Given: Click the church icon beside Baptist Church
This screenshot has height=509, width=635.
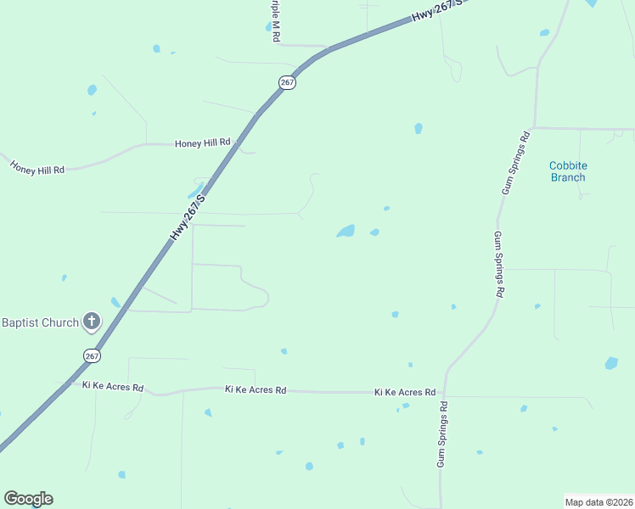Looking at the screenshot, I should tap(92, 322).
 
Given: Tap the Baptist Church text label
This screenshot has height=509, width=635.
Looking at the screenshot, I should tap(40, 322).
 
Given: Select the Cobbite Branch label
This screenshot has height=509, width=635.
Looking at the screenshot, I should tap(568, 171).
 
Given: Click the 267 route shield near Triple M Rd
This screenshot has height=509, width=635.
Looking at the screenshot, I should tap(287, 82).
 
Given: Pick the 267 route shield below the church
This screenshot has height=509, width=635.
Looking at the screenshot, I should tap(92, 355).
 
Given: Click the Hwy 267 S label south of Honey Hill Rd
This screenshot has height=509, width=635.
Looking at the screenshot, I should tap(188, 217).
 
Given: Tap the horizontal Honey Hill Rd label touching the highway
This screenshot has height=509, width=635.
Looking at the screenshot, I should tap(203, 143).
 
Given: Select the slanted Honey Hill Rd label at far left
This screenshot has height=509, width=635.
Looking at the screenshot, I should tap(37, 165).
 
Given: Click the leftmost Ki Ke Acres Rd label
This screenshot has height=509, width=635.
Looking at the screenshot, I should tap(113, 386).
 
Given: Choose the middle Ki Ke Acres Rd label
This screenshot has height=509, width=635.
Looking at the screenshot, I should tap(256, 390).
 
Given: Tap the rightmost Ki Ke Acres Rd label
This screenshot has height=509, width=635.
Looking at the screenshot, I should tap(405, 393).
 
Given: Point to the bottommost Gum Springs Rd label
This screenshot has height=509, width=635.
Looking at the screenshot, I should tap(442, 434).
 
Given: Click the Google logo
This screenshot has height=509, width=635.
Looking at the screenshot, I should tap(28, 499).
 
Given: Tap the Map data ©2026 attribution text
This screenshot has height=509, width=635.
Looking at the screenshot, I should tap(599, 501).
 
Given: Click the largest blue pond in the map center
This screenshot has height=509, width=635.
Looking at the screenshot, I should tap(346, 231).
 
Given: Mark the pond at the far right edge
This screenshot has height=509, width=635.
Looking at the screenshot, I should tap(611, 363).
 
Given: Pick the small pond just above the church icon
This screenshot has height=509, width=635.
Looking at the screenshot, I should tap(115, 302).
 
